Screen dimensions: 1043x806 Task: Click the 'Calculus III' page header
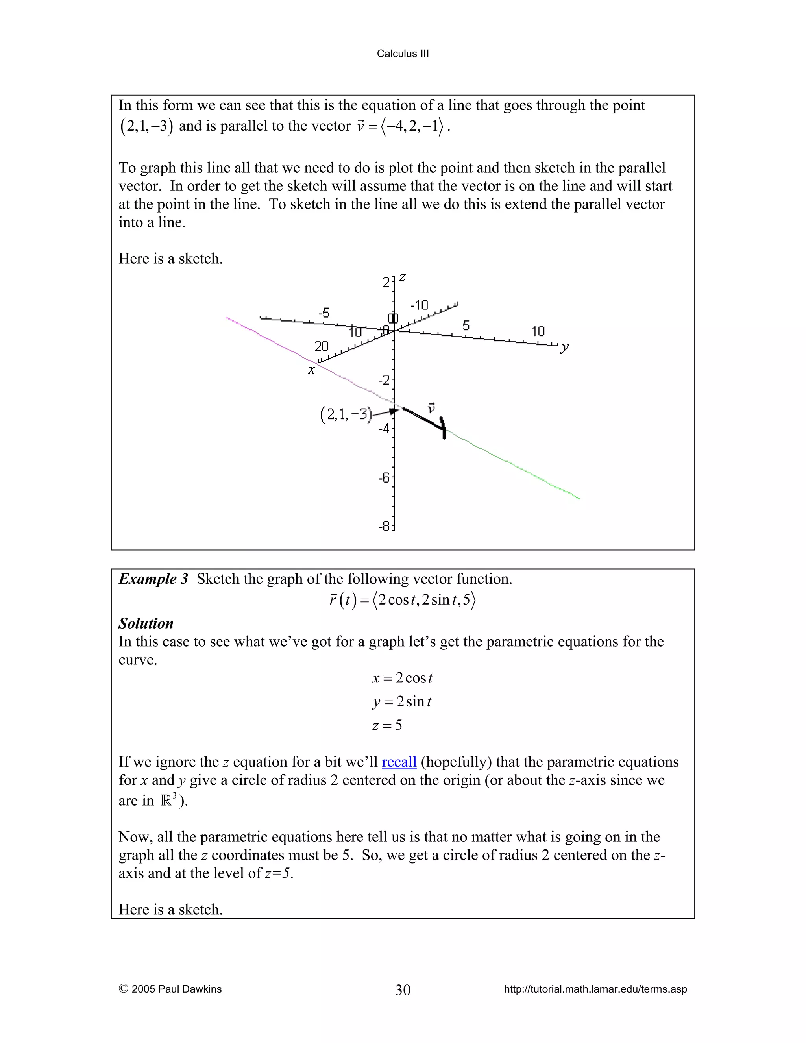[x=403, y=54]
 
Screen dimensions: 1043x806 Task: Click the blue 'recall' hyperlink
[x=399, y=762]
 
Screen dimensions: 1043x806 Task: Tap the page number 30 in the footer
[x=403, y=989]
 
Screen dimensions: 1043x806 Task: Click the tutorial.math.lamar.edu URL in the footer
[x=595, y=989]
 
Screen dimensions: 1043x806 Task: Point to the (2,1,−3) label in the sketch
[x=345, y=414]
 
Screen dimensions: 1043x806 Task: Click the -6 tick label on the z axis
[x=385, y=477]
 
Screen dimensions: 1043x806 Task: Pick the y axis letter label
[x=565, y=347]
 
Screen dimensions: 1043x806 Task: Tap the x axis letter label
[x=311, y=370]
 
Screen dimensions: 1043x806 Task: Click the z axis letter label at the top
[x=403, y=277]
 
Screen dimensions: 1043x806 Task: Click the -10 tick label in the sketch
[x=419, y=305]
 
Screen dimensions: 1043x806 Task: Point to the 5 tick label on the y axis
[x=466, y=326]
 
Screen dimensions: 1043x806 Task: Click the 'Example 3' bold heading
[x=153, y=579]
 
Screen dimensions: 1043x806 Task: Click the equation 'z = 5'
[x=387, y=725]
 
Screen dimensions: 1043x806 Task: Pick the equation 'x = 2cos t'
[x=402, y=678]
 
